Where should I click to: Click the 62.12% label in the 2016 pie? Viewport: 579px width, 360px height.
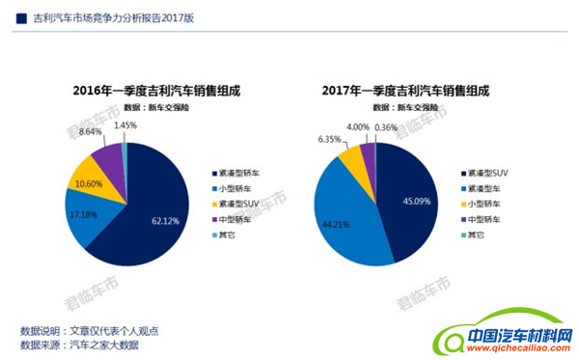[x=167, y=220]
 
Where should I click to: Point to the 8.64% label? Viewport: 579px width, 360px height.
[x=93, y=130]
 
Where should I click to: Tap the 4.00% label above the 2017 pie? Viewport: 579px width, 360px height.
[x=358, y=126]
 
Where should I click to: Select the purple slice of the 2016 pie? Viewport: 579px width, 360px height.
[x=109, y=156]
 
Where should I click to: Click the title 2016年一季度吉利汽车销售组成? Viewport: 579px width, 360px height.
[x=156, y=91]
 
